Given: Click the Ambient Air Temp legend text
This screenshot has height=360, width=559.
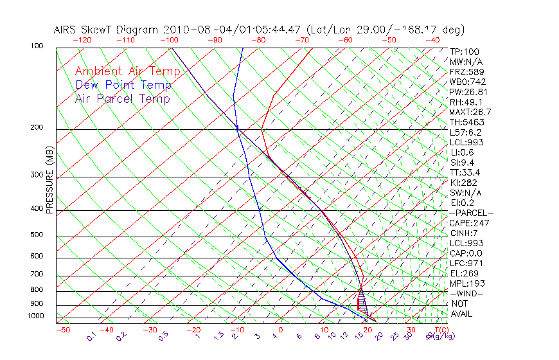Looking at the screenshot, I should click(127, 71).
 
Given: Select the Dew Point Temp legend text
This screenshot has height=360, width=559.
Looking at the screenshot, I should click(123, 85).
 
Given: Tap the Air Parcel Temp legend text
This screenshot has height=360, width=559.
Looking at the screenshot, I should click(123, 98).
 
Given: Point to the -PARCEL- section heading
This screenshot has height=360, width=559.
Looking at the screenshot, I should click(471, 213).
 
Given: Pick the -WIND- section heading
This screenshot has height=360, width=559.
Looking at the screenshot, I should click(466, 294).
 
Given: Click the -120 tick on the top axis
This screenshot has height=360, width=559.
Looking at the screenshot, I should click(82, 40).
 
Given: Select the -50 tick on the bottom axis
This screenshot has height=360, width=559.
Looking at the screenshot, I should click(62, 330).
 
